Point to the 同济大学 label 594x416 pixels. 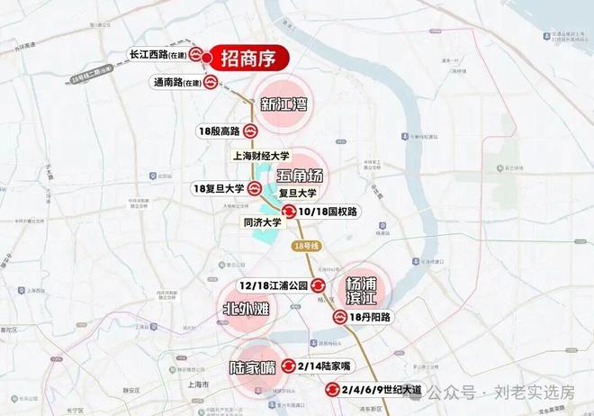(265, 222)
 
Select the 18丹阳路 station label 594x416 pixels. (371, 317)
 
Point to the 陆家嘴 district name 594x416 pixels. (251, 367)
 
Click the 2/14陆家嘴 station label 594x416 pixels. (325, 366)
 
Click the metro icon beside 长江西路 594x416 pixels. (196, 56)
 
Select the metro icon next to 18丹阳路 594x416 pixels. (340, 317)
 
